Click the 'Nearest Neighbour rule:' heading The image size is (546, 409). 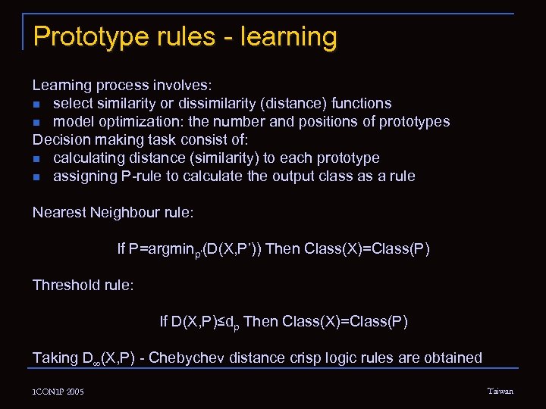[x=113, y=212]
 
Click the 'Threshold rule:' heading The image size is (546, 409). [x=83, y=285]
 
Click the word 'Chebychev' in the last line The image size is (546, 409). [x=186, y=357]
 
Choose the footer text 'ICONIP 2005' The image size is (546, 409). [x=58, y=392]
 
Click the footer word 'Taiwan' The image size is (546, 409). [x=500, y=391]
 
